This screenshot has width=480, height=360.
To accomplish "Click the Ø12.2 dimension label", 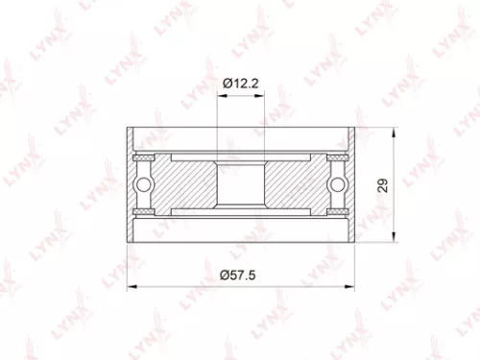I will (x=240, y=84).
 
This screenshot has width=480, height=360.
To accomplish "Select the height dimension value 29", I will (x=383, y=185).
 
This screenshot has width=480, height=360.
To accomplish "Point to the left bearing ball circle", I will (x=144, y=183).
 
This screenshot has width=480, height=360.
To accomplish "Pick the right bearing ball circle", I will (x=335, y=183).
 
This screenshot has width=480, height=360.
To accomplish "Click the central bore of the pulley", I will (x=239, y=183).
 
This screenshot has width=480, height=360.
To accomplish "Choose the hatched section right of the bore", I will (x=288, y=183).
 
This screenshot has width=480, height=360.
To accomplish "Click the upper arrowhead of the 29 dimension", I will (x=395, y=130).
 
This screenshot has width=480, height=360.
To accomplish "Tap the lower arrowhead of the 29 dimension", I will (x=395, y=239).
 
